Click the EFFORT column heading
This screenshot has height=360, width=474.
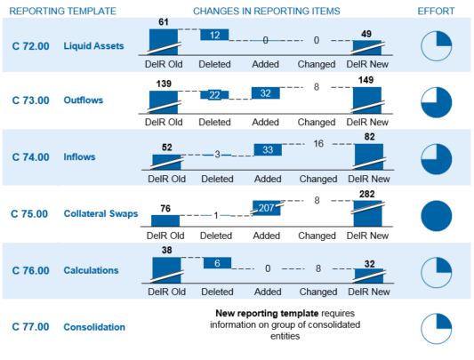(x=436, y=11)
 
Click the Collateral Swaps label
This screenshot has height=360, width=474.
(x=99, y=213)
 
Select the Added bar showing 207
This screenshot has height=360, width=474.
(x=265, y=209)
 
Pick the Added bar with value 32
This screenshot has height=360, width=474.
(x=265, y=92)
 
